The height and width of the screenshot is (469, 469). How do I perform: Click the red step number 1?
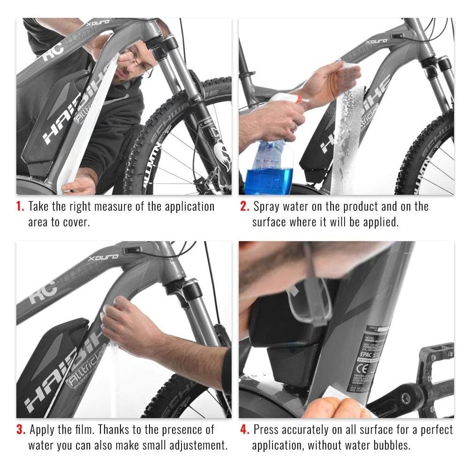tap(20, 207)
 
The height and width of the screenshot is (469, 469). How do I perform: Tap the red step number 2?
tap(244, 207)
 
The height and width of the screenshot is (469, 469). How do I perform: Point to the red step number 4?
tap(245, 430)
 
